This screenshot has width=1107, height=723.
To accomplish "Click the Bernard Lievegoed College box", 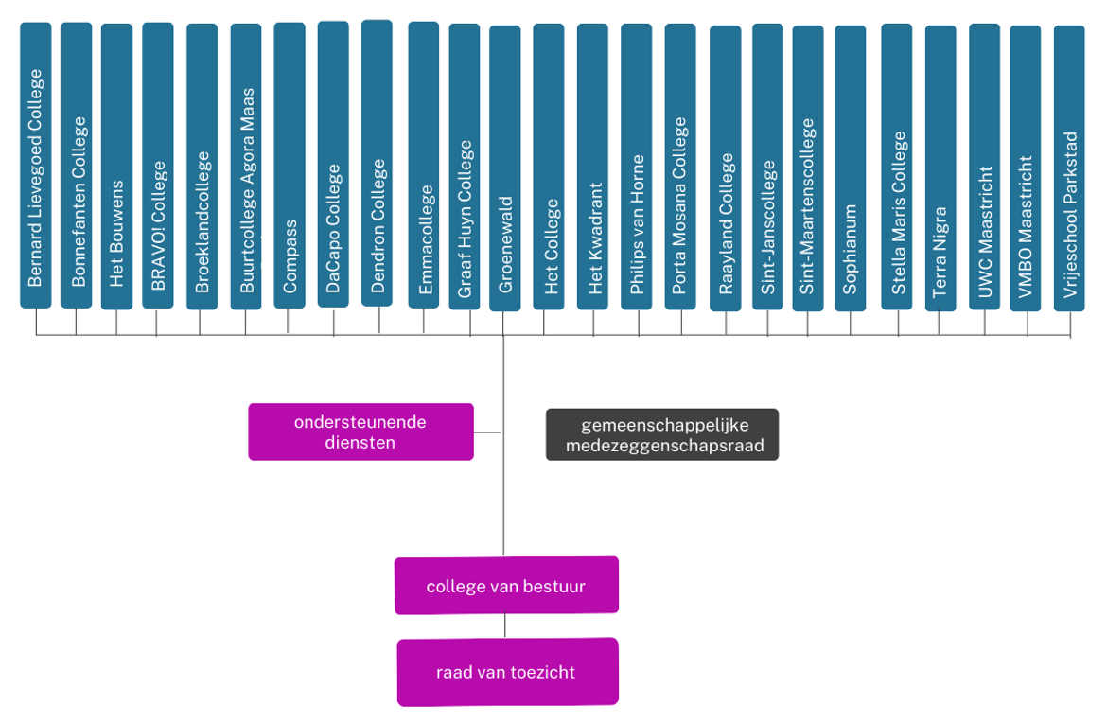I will [x=35, y=166].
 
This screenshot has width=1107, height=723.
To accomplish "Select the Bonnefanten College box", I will [x=76, y=166].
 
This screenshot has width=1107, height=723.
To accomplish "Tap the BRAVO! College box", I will [x=157, y=166].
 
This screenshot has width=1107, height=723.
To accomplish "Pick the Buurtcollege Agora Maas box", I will [x=246, y=166].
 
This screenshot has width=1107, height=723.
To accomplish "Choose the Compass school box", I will [x=290, y=166].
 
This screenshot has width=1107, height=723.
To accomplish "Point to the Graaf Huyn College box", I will [x=465, y=167].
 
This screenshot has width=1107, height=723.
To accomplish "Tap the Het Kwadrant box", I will [x=592, y=167].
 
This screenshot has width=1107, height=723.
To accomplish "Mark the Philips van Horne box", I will [x=636, y=167].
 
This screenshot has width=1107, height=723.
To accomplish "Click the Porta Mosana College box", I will [x=679, y=167].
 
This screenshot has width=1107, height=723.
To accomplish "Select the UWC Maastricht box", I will [x=984, y=167].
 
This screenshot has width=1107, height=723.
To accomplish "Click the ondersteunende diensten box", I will [x=360, y=432].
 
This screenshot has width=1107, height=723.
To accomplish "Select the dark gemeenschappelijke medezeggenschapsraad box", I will [x=661, y=434].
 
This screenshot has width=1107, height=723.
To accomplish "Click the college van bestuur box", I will [x=506, y=586].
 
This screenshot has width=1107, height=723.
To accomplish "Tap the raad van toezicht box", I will [x=507, y=672].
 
